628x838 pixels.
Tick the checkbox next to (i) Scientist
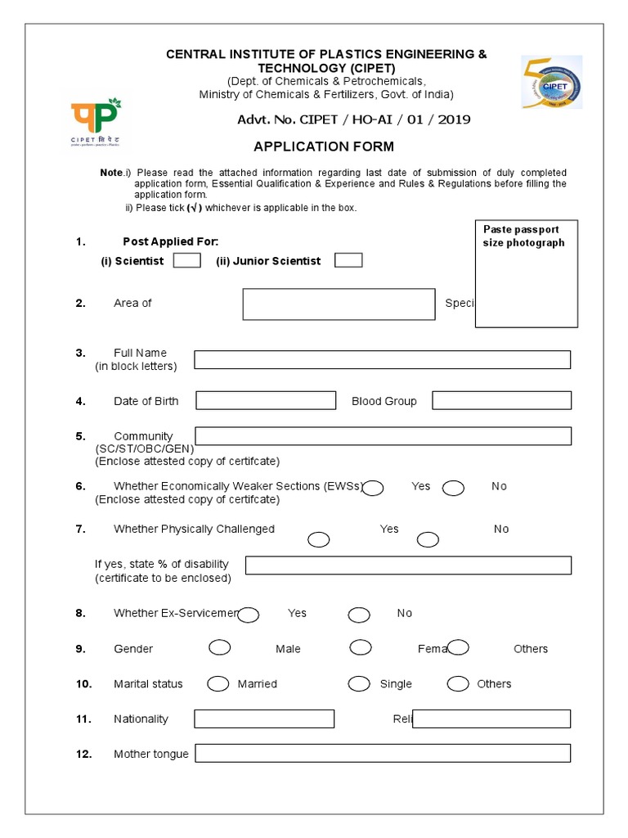(x=187, y=260)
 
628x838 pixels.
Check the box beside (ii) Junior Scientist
(x=348, y=260)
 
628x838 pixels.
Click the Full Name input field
(x=382, y=360)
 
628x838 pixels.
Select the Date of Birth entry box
(x=266, y=400)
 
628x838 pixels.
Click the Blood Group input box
(x=501, y=400)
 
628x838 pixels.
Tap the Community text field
(x=383, y=436)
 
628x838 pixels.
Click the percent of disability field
(x=408, y=565)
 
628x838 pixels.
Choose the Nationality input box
(x=264, y=719)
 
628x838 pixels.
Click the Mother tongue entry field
(x=382, y=753)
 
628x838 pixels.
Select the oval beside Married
(x=218, y=684)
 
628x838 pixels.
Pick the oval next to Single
(x=359, y=684)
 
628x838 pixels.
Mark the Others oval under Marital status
(x=458, y=684)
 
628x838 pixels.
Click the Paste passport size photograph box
(x=527, y=273)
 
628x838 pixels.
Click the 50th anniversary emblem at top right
(x=551, y=83)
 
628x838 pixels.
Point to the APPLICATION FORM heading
(x=324, y=147)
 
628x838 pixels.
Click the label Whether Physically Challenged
(x=194, y=529)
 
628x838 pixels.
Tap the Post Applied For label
(x=170, y=241)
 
